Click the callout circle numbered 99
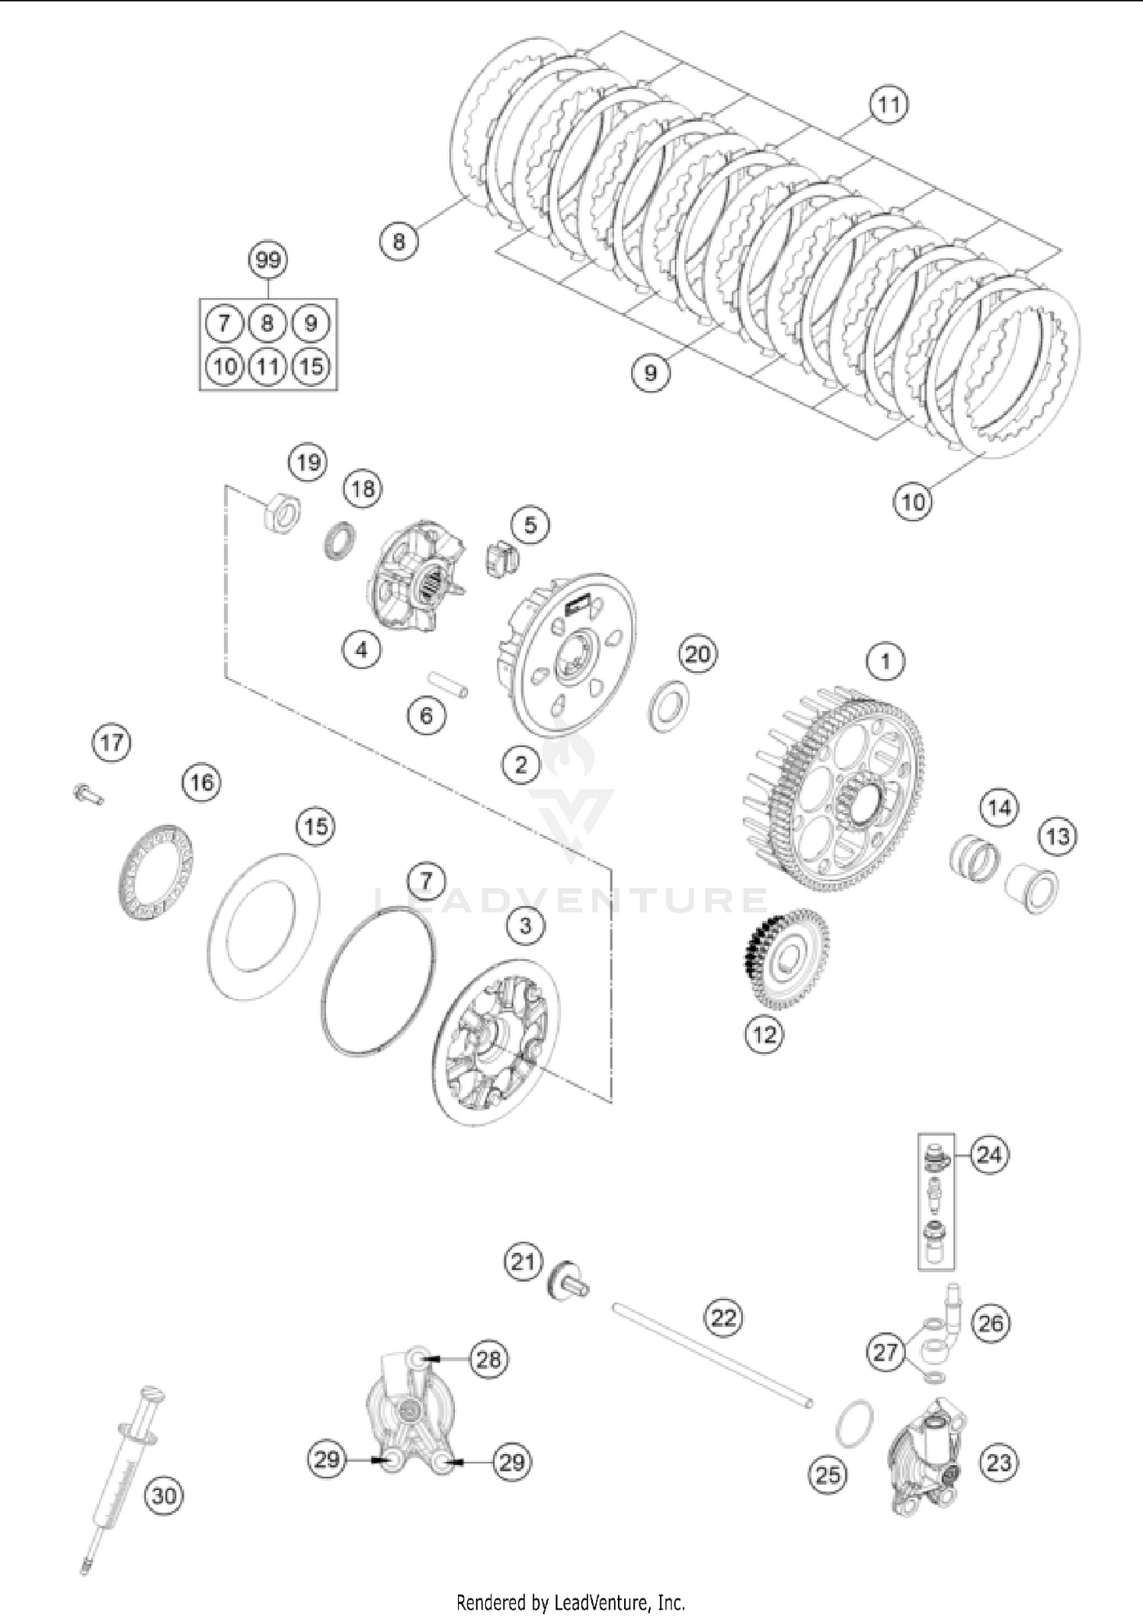pos(268,261)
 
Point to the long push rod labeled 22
pos(712,1356)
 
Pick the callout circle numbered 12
pos(764,1034)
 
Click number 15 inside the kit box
pos(311,367)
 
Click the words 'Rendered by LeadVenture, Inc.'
pos(571,1601)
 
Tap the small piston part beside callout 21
pos(567,1281)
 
